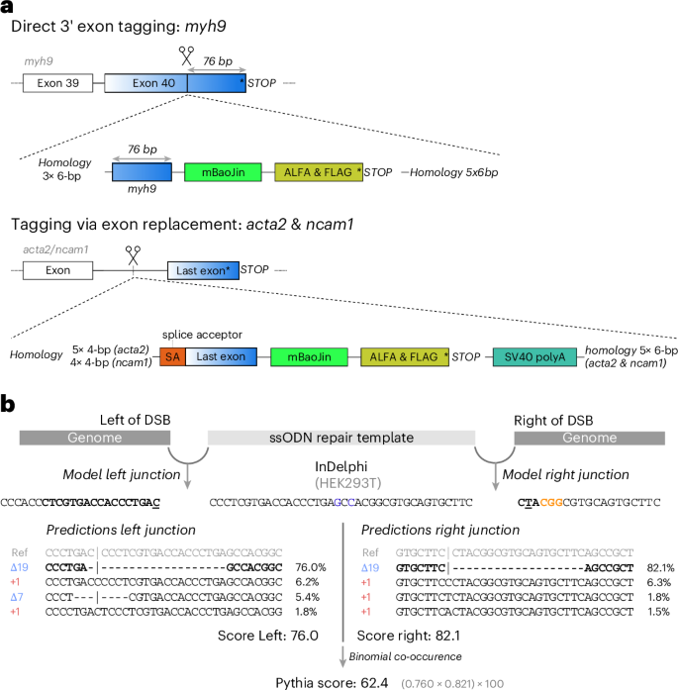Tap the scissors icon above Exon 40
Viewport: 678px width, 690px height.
click(186, 57)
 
